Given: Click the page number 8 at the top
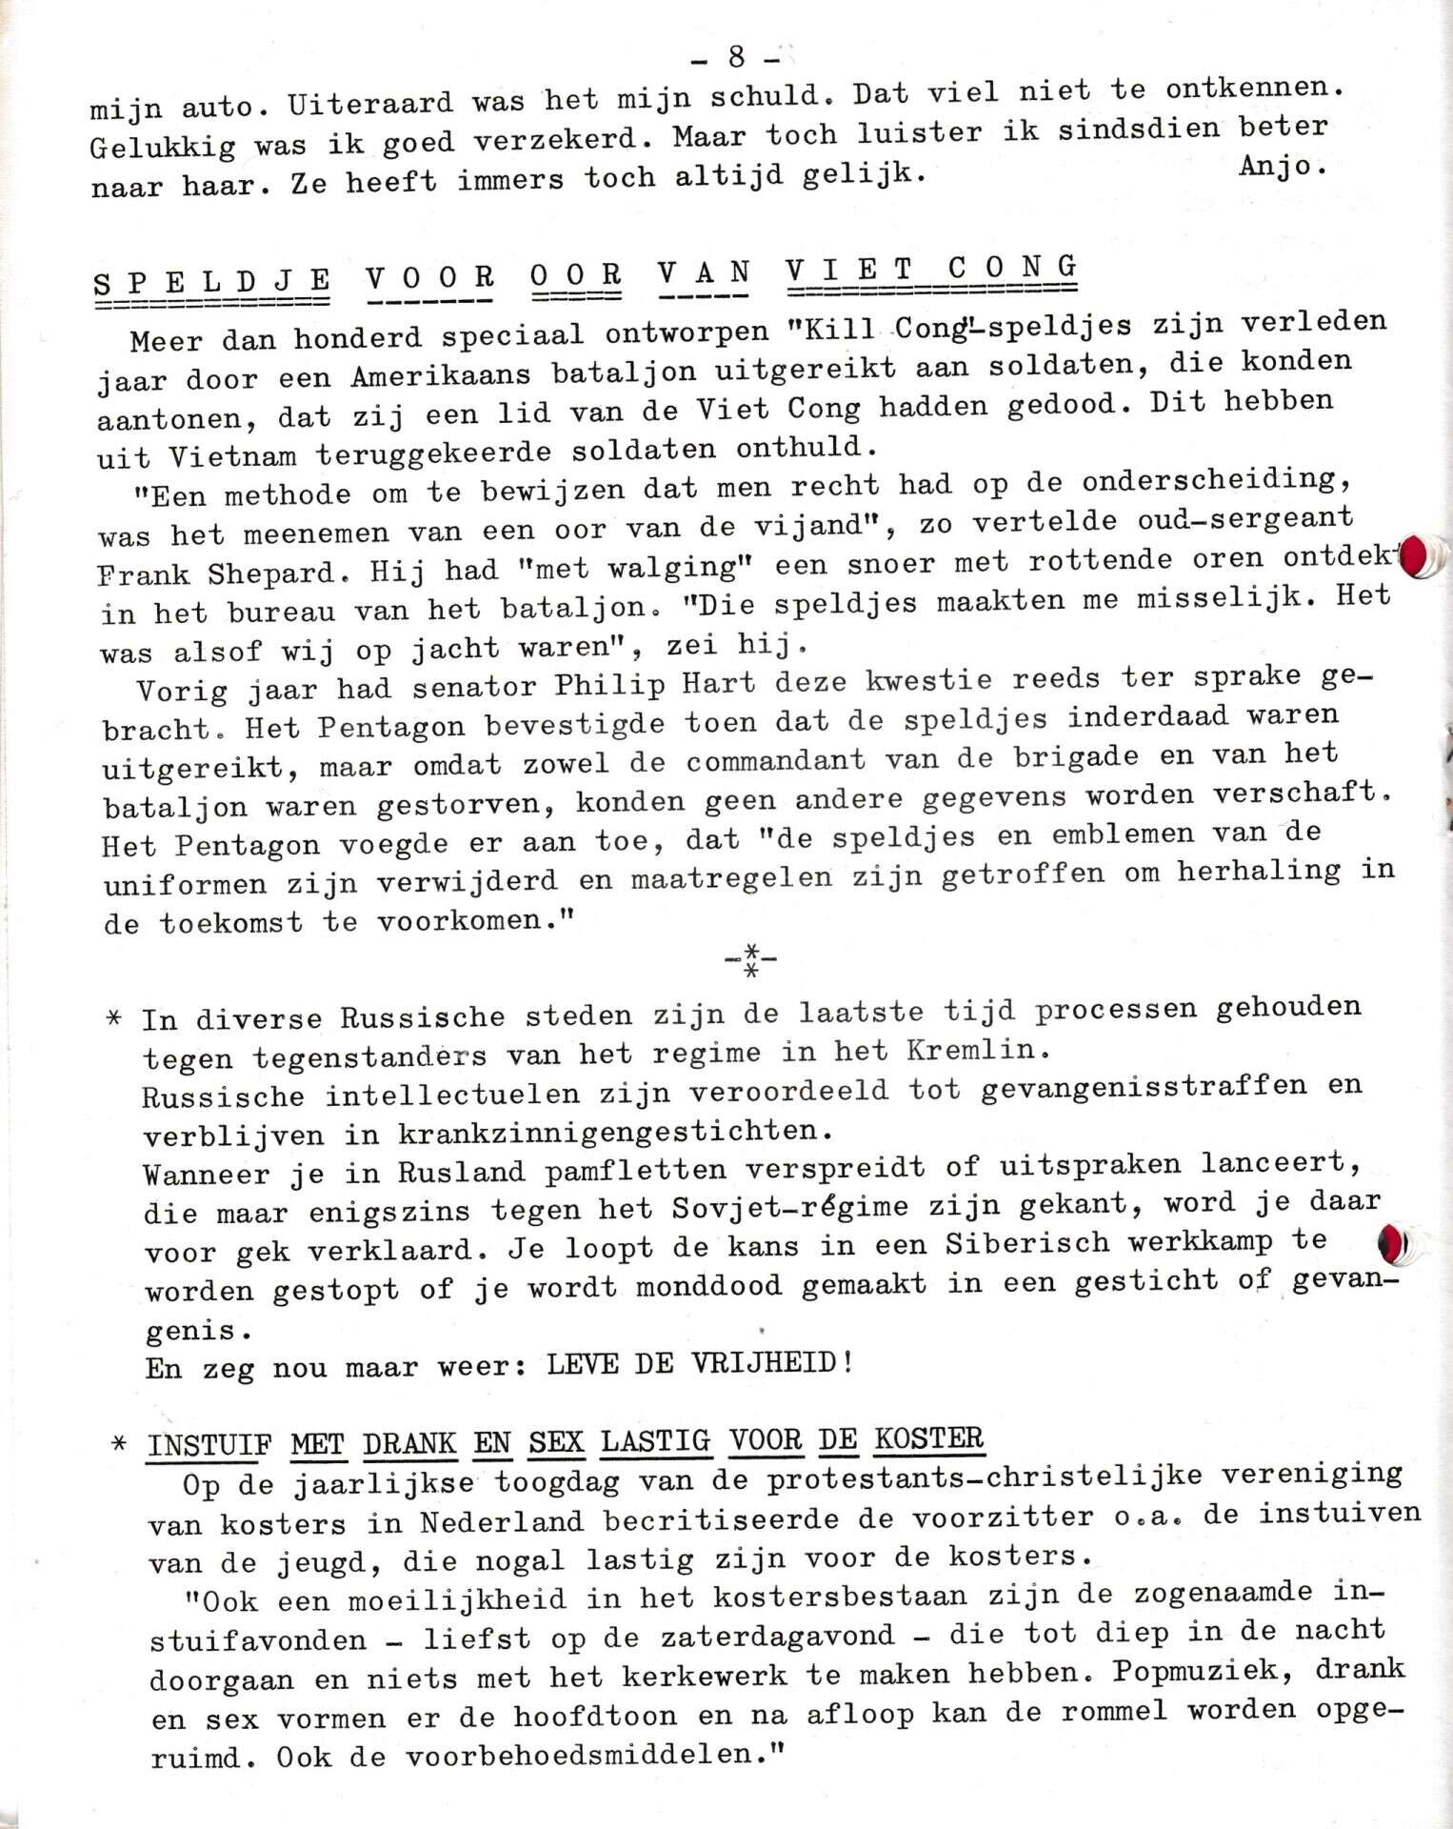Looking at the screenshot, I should (736, 57).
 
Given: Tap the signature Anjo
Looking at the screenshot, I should (1282, 166).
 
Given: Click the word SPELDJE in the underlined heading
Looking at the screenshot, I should (211, 281).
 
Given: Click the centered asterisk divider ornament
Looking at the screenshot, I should (750, 963).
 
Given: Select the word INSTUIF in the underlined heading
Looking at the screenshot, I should (209, 1445).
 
